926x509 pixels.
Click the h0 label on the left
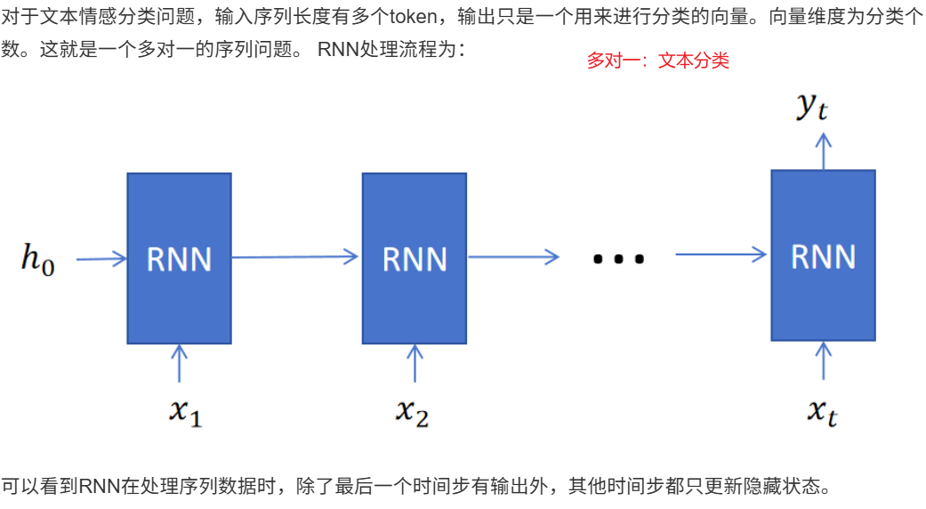click(x=38, y=260)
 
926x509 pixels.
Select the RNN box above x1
click(x=179, y=258)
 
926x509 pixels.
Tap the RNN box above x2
click(x=414, y=258)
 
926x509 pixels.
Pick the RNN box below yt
click(x=823, y=255)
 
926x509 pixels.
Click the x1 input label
click(x=185, y=410)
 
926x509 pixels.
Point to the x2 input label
click(x=413, y=410)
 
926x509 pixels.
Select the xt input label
click(x=823, y=411)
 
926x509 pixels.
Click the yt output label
click(x=812, y=107)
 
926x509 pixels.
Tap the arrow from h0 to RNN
click(x=101, y=260)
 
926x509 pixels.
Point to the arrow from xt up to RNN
click(x=823, y=361)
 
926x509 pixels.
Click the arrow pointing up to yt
click(x=823, y=150)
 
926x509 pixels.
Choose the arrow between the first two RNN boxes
click(x=296, y=257)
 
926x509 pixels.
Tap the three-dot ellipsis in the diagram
click(x=617, y=259)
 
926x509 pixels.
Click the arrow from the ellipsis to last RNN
click(x=721, y=255)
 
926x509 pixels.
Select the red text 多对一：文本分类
click(x=657, y=61)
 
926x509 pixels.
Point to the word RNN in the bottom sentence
click(x=95, y=487)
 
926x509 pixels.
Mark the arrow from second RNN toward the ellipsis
click(x=513, y=257)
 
